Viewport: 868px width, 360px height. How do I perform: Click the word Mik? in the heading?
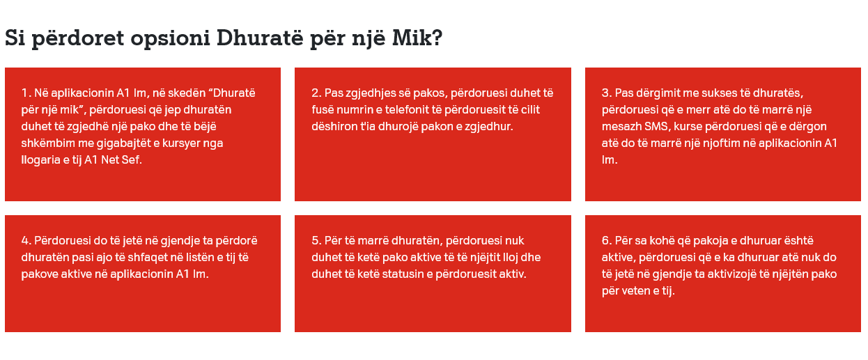417,38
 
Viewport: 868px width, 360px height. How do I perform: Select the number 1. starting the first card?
26,93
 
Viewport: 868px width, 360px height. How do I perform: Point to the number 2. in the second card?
316,93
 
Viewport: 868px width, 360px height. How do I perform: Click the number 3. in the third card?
607,93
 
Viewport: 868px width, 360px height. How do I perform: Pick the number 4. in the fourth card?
26,241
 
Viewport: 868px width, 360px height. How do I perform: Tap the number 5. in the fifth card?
316,241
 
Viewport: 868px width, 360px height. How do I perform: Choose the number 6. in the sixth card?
607,241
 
